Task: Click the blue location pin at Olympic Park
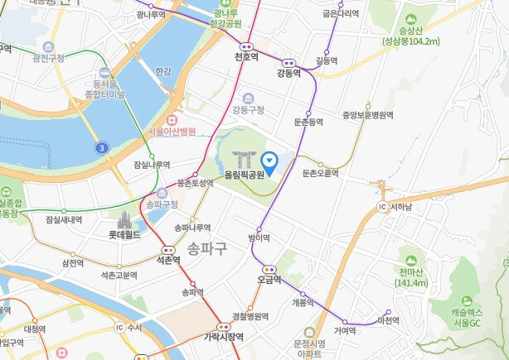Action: [x=269, y=161]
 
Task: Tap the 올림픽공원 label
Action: [x=244, y=175]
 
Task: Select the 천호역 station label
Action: [x=246, y=57]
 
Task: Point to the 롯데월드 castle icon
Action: [x=125, y=221]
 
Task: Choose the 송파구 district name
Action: [x=207, y=247]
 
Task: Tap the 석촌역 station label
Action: [x=168, y=260]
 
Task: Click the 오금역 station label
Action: [x=269, y=280]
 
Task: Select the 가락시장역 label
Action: [x=224, y=337]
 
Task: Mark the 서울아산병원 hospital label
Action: [x=171, y=132]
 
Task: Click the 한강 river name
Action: [x=162, y=72]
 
